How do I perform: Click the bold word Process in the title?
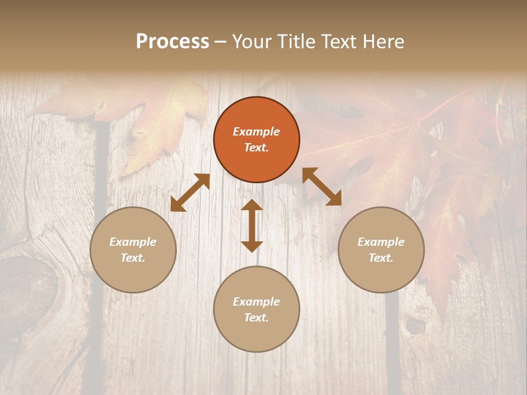coord(172,42)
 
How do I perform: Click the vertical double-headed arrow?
coord(252,225)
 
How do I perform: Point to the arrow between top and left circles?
coord(190,193)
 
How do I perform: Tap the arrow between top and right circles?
coord(322,187)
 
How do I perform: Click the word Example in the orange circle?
coord(256,132)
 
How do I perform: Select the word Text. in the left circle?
coord(133,258)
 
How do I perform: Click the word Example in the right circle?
coord(381,242)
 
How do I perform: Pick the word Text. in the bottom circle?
coord(256,318)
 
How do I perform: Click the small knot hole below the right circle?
coord(416,326)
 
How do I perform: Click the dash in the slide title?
coord(220,42)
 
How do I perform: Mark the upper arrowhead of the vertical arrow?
coord(252,206)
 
